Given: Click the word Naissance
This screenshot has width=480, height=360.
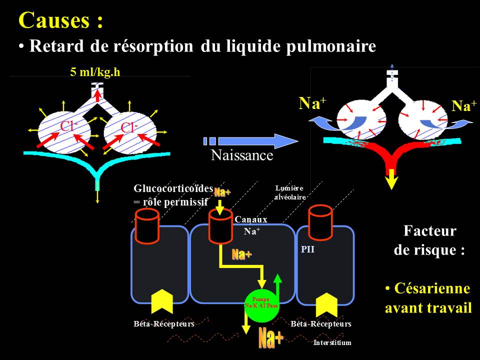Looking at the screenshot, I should coord(242,155).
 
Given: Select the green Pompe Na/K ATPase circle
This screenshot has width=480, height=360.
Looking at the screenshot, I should coord(261,303).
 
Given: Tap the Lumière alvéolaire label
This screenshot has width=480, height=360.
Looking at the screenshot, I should coord(289,192).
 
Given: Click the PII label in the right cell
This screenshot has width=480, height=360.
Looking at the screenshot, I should coord(307,249).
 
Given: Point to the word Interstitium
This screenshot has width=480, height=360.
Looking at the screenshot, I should coord(332,343).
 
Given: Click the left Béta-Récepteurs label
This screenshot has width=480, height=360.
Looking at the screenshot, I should coord(163,324).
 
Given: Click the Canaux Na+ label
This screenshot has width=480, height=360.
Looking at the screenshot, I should coord(251,225).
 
